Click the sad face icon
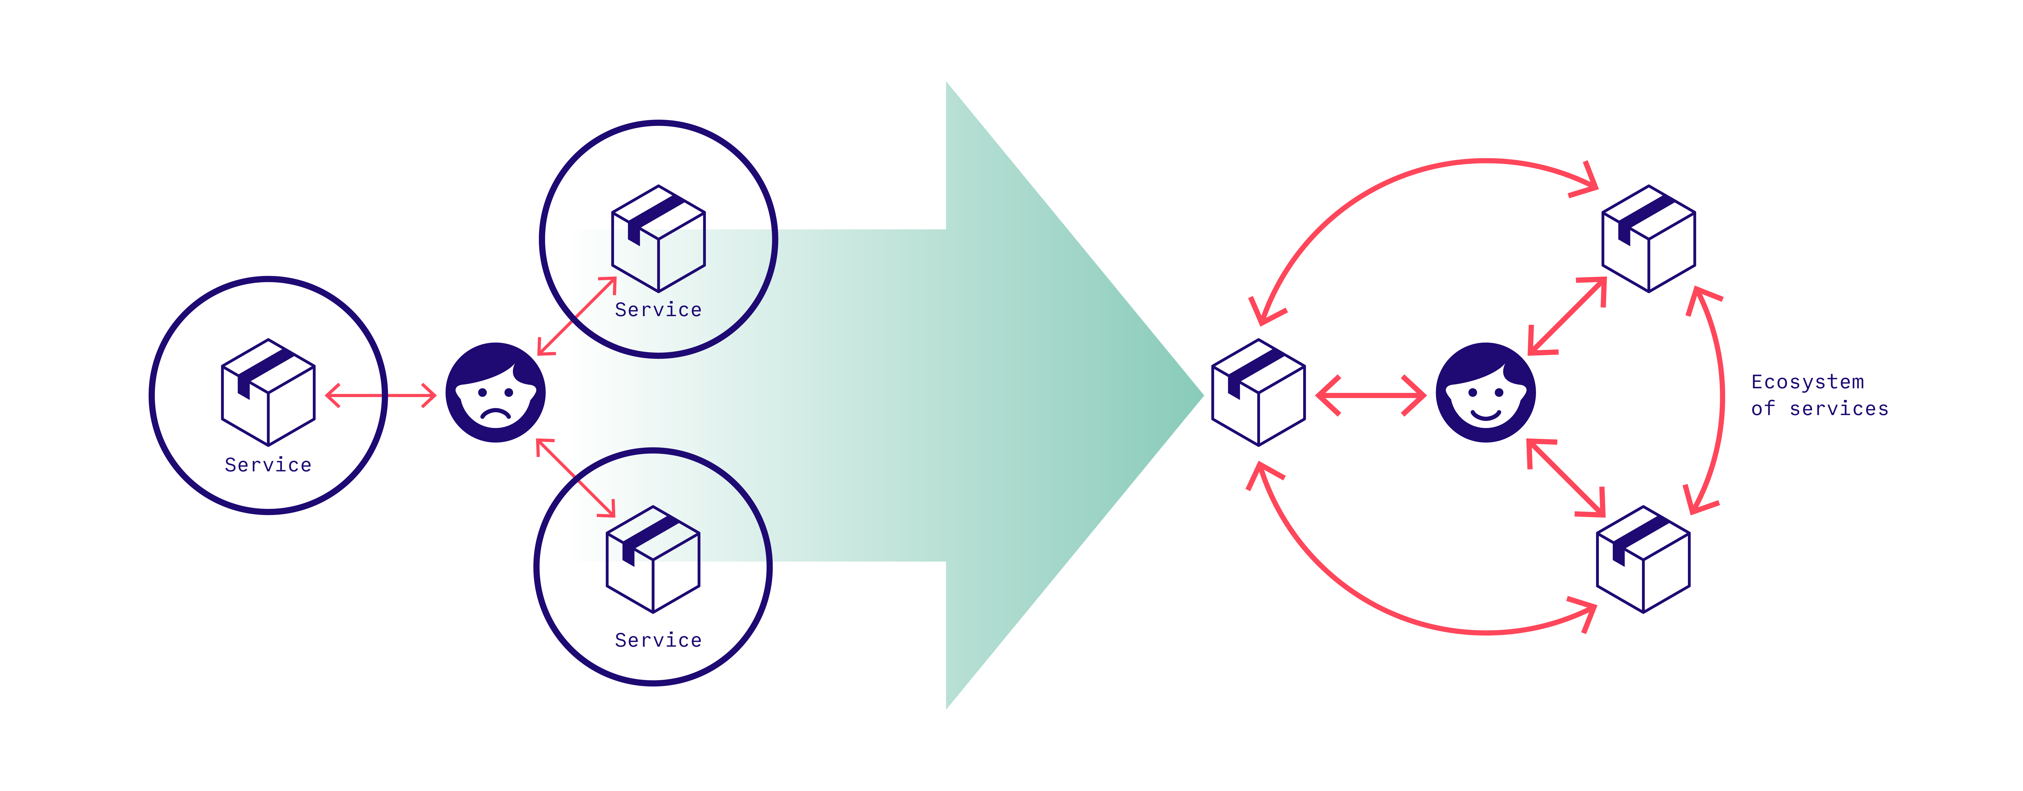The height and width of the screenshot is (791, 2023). click(x=495, y=392)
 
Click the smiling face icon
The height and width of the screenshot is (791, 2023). click(x=1485, y=392)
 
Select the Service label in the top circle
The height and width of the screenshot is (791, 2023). click(x=658, y=310)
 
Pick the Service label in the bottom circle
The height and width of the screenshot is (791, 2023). click(x=658, y=640)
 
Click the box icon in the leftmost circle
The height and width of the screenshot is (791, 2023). click(x=269, y=392)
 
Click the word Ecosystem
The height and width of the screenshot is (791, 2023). click(x=1807, y=382)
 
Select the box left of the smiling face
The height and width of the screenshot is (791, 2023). click(x=1258, y=392)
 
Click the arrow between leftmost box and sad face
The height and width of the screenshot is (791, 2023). click(x=381, y=395)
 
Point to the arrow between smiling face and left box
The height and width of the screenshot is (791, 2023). click(x=1370, y=395)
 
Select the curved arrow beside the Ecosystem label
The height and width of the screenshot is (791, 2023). click(x=1721, y=400)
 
